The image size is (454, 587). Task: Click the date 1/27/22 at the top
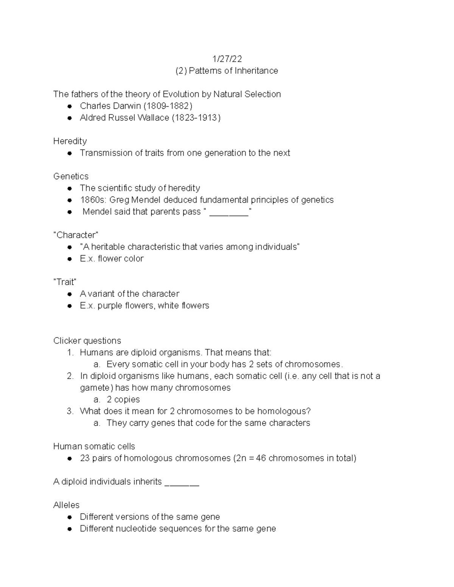point(227,59)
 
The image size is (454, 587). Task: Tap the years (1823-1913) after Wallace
point(196,118)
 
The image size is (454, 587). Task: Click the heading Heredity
point(70,141)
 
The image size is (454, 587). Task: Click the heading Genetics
point(71,176)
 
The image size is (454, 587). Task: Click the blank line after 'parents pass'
point(229,212)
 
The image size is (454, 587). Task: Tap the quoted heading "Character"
point(76,235)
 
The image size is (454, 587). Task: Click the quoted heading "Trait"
point(65,282)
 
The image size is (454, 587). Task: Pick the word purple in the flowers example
point(110,305)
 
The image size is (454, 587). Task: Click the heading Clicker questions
point(87,341)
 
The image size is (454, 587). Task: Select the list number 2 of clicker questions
point(70,376)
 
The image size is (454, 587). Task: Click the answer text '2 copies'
point(123,400)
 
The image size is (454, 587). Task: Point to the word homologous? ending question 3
point(285,411)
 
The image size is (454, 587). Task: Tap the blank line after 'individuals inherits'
point(182,483)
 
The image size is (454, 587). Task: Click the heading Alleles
point(66,505)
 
